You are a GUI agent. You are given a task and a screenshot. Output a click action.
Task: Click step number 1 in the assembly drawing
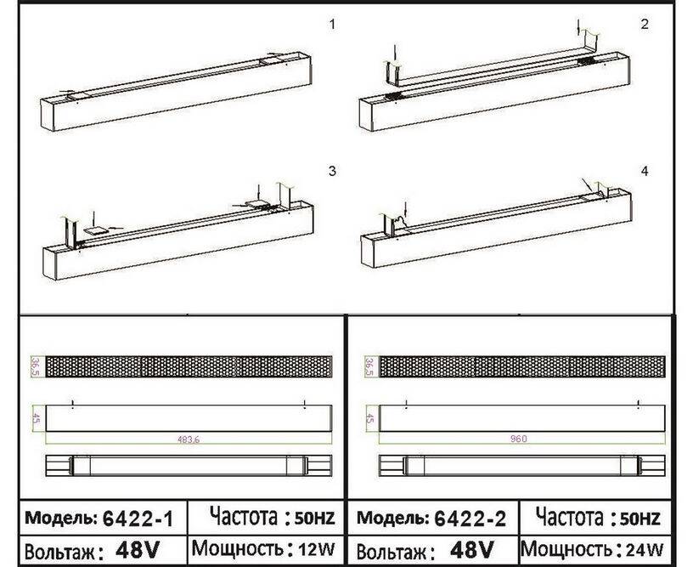[x=332, y=25]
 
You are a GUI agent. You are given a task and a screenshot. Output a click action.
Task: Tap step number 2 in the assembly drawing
[x=645, y=25]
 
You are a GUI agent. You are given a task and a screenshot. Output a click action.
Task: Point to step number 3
[x=332, y=171]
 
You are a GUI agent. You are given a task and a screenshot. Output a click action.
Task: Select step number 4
[x=645, y=171]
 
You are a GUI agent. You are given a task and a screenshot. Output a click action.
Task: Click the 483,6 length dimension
[x=189, y=439]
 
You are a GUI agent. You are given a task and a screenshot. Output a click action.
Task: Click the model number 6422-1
[x=138, y=518]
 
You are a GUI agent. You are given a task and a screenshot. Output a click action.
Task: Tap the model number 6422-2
[x=470, y=518]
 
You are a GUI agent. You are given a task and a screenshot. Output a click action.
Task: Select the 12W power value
[x=317, y=549]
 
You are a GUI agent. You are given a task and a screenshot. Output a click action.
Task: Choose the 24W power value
[x=645, y=550]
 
